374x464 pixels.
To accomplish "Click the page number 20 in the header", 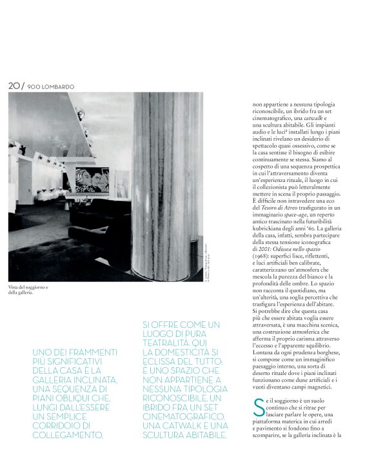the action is click(14, 85).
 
